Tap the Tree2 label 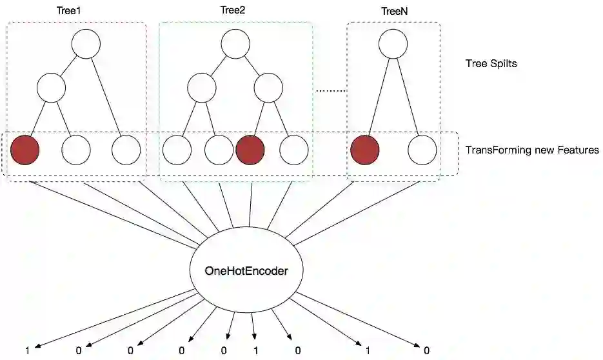(232, 10)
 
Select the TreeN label (393, 12)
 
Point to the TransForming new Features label (532, 150)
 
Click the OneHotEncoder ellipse (246, 271)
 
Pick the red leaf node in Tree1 (25, 150)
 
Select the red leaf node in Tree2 (250, 150)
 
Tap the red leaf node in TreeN (364, 150)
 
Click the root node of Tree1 (86, 45)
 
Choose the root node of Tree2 (235, 45)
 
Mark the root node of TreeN (393, 45)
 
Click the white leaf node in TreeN (422, 150)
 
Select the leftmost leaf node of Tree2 (177, 150)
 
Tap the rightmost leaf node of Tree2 (293, 150)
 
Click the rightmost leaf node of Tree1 (126, 150)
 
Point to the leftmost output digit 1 (27, 351)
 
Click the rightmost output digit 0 (426, 351)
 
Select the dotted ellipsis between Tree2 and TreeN (330, 92)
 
